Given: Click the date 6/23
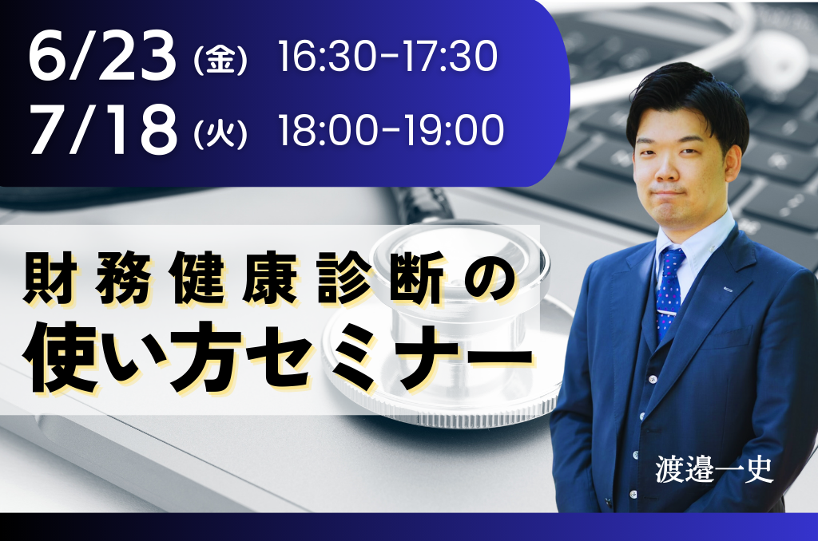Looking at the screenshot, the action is coord(103,56).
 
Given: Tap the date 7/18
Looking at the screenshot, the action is coord(103,129).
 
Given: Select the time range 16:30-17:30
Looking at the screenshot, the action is coord(387,57).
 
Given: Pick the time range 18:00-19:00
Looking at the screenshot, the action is coord(391,130).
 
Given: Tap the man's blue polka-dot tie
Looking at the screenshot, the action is coord(669,292).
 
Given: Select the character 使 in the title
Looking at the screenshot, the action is coord(58,357).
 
